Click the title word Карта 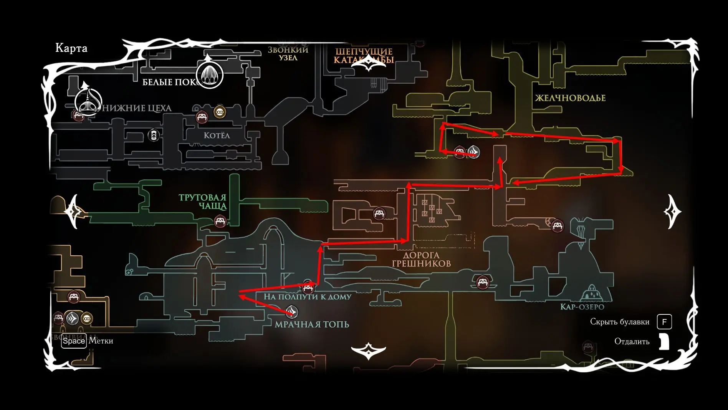71,48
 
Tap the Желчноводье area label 570,98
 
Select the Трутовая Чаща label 203,202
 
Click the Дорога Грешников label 421,260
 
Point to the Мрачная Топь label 312,325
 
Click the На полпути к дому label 307,297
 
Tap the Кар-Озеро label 582,307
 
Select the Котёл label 217,136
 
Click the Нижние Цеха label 137,108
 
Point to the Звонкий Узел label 288,54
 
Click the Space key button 74,341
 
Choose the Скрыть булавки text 619,322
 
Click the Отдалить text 632,341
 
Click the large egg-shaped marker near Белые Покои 210,75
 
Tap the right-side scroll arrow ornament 672,212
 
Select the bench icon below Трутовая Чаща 220,222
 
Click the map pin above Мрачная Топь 292,311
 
